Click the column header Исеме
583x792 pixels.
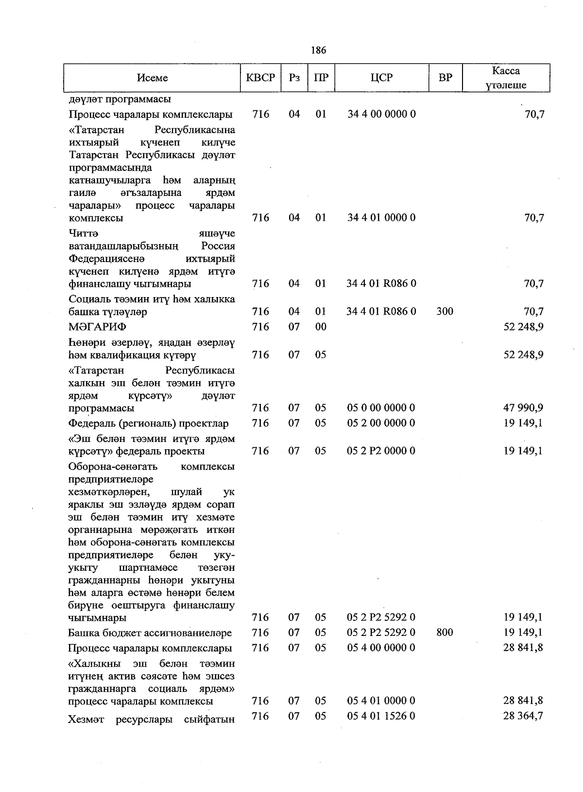(x=152, y=78)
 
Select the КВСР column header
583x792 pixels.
(x=260, y=78)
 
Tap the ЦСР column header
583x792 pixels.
(x=381, y=78)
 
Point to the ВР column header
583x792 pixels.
(x=445, y=78)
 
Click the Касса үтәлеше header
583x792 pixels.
(x=506, y=78)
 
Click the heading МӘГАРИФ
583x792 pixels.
(x=98, y=327)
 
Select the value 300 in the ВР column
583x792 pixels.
(x=445, y=311)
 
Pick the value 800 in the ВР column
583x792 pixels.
(x=445, y=633)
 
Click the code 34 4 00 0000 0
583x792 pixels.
(x=381, y=114)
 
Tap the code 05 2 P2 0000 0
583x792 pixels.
(x=381, y=451)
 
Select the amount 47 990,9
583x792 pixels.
(x=523, y=408)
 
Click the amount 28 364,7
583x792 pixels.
(x=523, y=716)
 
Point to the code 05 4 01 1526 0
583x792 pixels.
(x=381, y=716)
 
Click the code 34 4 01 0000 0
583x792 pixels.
(x=381, y=218)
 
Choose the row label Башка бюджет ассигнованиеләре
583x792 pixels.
(x=150, y=633)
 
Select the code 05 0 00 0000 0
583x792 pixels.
(x=381, y=408)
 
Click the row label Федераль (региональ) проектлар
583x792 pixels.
(x=148, y=423)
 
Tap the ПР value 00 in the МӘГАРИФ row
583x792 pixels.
(x=321, y=327)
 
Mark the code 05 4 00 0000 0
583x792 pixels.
(x=381, y=648)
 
